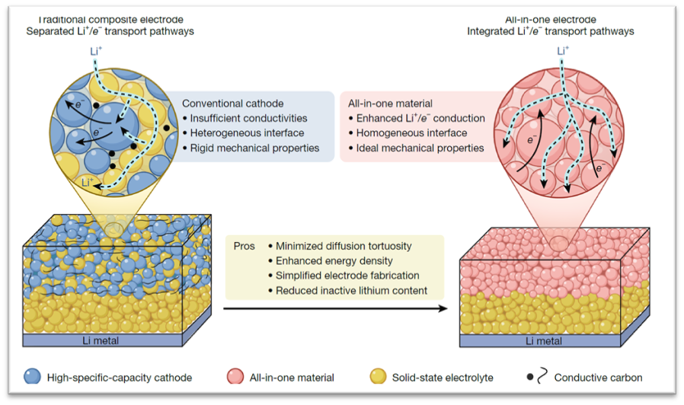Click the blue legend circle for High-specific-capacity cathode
click(34, 377)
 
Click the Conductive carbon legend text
click(599, 377)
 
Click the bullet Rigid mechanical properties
click(251, 148)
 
